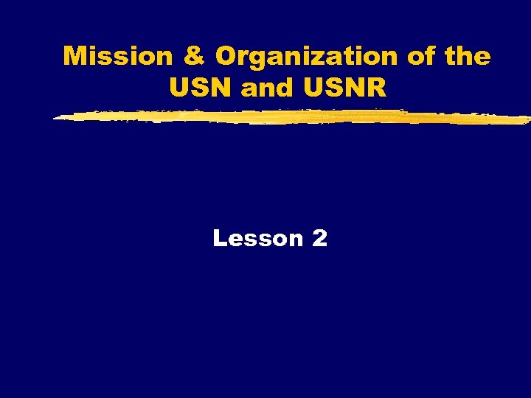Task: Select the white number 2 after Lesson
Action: [x=319, y=238]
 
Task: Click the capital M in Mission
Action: [x=75, y=57]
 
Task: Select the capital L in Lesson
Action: [x=220, y=238]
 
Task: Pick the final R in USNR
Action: [x=376, y=88]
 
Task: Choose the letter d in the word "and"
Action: [x=282, y=88]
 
